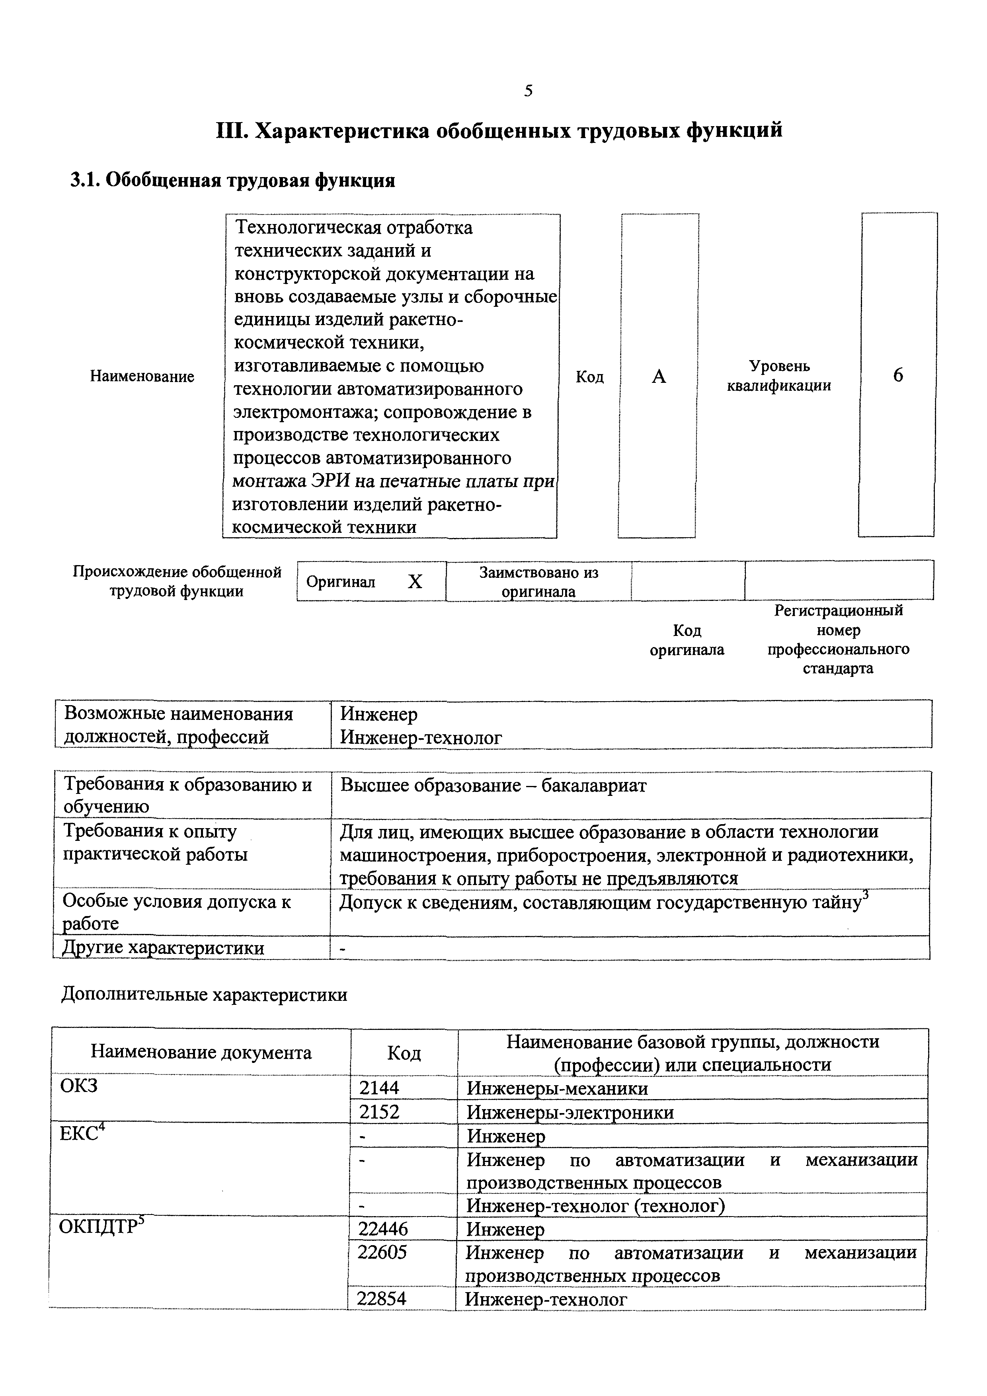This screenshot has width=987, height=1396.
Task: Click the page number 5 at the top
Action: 528,91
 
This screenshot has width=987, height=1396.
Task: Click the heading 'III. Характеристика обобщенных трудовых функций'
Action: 499,131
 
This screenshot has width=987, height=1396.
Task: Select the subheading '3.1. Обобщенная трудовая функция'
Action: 233,181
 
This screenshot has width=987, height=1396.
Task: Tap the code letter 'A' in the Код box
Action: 659,377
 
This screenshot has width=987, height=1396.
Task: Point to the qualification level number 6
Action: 897,376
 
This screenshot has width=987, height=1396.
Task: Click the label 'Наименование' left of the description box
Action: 142,376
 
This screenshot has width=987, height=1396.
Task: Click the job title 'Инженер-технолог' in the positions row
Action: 421,737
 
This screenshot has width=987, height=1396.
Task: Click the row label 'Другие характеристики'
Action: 164,948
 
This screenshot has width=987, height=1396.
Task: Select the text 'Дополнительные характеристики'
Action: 204,995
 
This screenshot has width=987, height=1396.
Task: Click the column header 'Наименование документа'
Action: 201,1053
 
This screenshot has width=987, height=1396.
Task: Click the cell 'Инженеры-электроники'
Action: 570,1112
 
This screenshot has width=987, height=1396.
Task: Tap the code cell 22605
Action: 382,1252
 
